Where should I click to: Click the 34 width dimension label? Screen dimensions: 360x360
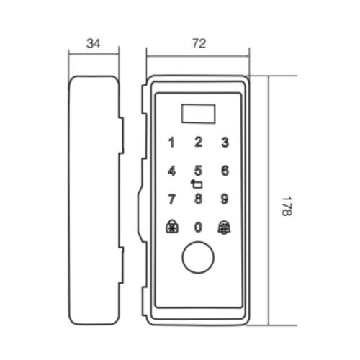pos(94,43)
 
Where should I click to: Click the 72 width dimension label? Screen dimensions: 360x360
pos(199,43)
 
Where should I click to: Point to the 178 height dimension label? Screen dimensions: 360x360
pos(287,207)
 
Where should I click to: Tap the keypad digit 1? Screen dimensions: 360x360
pos(171,143)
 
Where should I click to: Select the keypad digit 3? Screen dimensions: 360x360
pos(225,142)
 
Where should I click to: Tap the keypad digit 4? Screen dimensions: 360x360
pos(171,171)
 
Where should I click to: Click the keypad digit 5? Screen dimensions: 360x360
pos(198,171)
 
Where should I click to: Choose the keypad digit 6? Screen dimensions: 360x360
pos(225,171)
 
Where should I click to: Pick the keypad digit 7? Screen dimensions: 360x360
pos(171,199)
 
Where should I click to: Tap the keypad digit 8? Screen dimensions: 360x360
pos(198,199)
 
